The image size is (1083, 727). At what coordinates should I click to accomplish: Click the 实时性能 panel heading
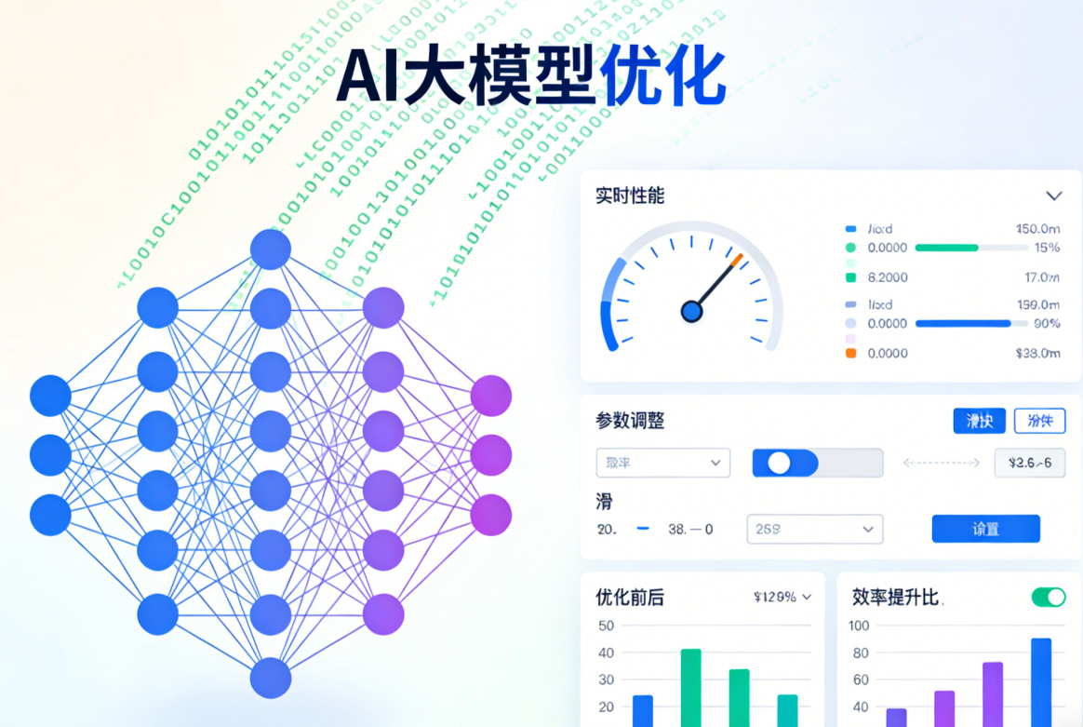(630, 195)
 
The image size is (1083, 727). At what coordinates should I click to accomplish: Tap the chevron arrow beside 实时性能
(1053, 195)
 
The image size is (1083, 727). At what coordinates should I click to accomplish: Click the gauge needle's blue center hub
(691, 311)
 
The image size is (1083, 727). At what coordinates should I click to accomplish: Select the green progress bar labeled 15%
(947, 248)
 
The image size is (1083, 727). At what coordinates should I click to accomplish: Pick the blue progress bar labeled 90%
(963, 323)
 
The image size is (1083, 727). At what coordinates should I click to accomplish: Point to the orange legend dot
(850, 353)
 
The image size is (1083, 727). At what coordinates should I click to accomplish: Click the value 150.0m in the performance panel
(1037, 228)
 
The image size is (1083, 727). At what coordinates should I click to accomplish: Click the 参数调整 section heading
(630, 421)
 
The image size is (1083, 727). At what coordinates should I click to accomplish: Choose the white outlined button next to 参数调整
(1039, 421)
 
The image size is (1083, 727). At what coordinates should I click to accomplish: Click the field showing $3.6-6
(1029, 463)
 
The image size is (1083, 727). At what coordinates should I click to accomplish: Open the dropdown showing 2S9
(814, 529)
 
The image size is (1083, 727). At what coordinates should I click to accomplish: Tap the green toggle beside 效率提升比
(1049, 597)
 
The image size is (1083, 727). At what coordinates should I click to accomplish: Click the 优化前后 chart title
(630, 598)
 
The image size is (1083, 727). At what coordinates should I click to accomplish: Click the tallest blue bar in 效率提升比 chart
(1041, 681)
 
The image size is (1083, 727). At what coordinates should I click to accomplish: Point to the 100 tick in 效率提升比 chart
(858, 626)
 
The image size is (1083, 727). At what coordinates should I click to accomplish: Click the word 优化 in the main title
(662, 75)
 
